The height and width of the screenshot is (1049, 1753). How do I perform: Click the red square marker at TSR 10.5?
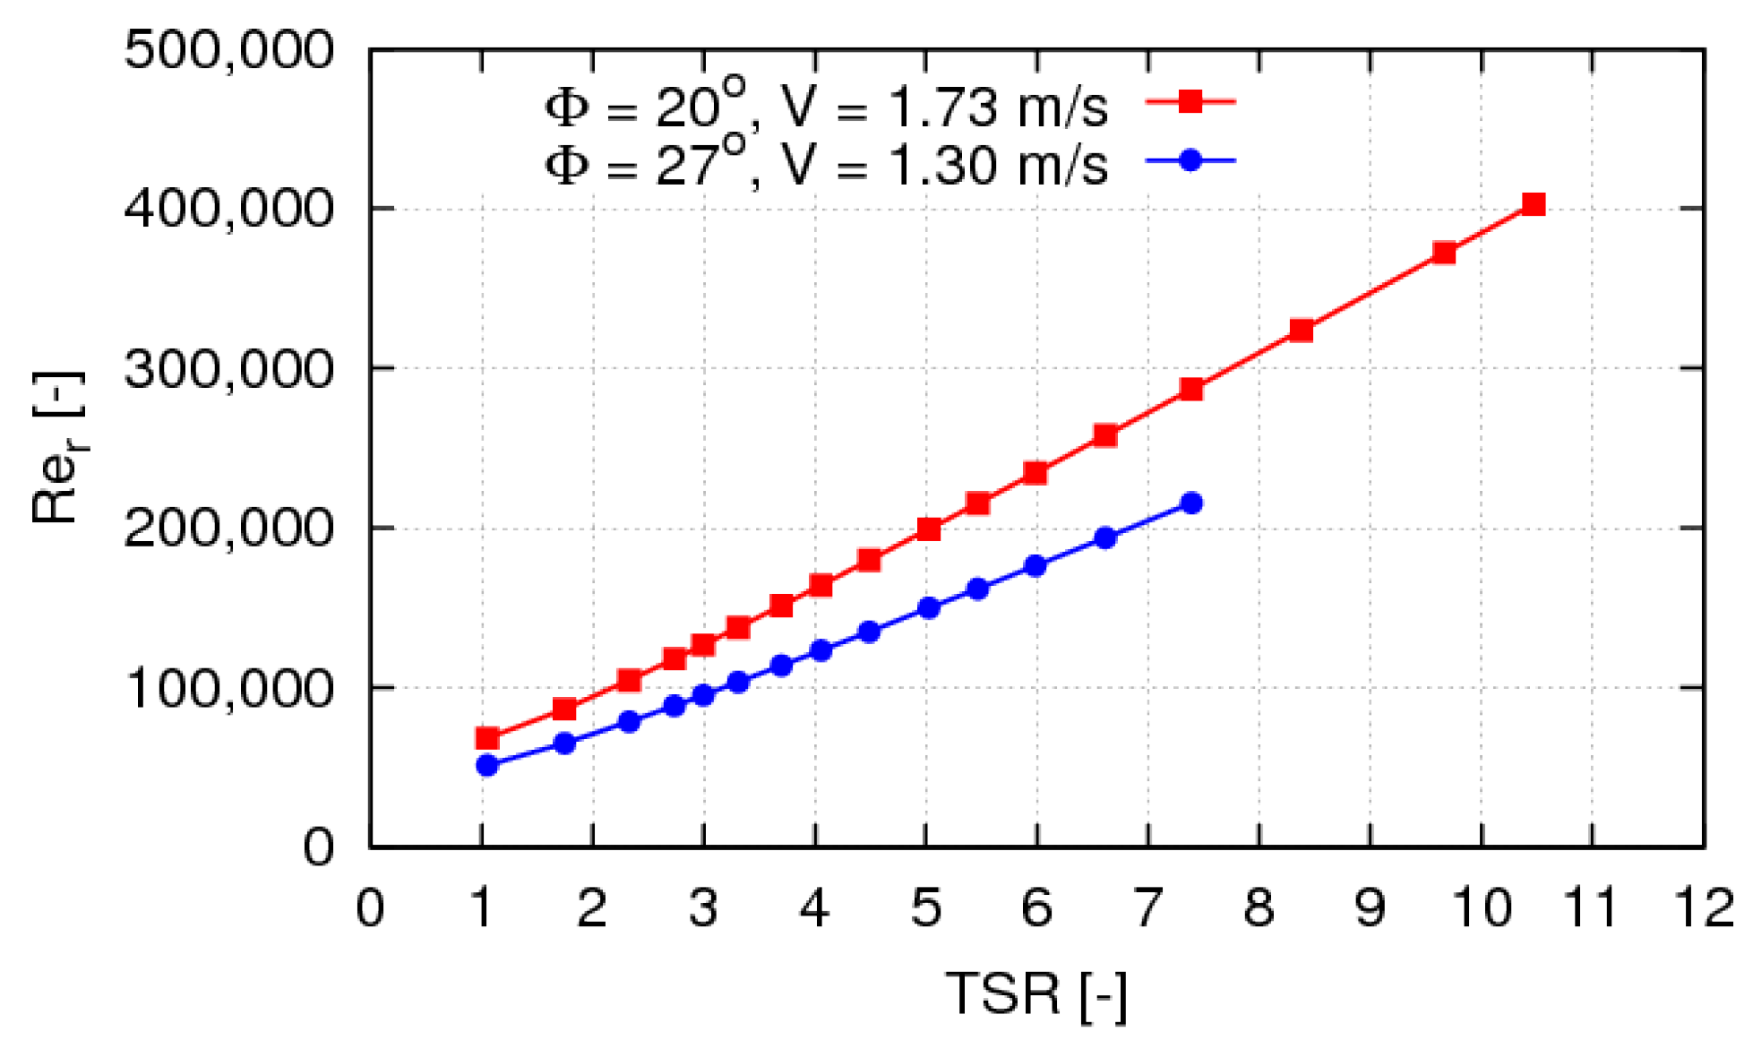pos(1534,204)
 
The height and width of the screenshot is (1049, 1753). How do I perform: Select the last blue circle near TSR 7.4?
pos(1191,503)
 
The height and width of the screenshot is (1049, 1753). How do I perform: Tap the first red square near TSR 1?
pos(487,738)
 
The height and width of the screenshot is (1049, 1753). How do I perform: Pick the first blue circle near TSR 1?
pos(487,765)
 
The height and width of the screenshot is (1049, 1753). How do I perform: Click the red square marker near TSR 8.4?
pos(1302,331)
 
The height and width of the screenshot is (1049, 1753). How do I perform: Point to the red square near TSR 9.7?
pos(1444,253)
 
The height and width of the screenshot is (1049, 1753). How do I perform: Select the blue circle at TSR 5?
pos(929,607)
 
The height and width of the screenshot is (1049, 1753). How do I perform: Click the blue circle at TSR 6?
pos(1035,565)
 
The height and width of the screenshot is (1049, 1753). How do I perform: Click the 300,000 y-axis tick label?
pos(228,368)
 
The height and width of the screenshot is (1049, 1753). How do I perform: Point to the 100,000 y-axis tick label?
pos(228,688)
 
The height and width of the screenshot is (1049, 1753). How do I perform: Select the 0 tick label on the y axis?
pos(318,847)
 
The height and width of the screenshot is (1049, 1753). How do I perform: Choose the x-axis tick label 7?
pos(1147,907)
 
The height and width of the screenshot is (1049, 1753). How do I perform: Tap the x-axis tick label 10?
pos(1482,907)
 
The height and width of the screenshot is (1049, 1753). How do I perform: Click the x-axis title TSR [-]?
pos(1036,993)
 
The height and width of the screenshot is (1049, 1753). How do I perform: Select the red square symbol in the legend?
pos(1190,101)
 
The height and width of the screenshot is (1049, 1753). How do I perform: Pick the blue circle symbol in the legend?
pos(1190,160)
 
